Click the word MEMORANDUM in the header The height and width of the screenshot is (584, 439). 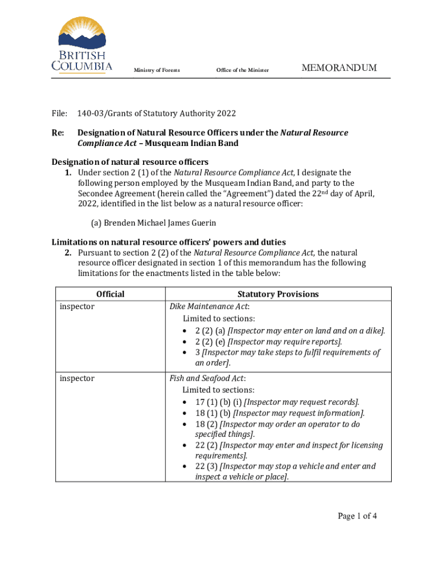339,68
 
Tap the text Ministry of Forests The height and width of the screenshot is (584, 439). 157,70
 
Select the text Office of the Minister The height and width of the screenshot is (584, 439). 242,70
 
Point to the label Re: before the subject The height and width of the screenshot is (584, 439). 58,133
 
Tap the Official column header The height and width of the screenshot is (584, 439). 110,294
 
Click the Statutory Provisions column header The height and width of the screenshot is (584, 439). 278,294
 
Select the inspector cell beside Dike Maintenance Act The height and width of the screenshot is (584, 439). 77,307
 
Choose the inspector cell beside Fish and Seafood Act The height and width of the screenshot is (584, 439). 77,378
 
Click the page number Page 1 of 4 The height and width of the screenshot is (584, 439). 357,517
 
